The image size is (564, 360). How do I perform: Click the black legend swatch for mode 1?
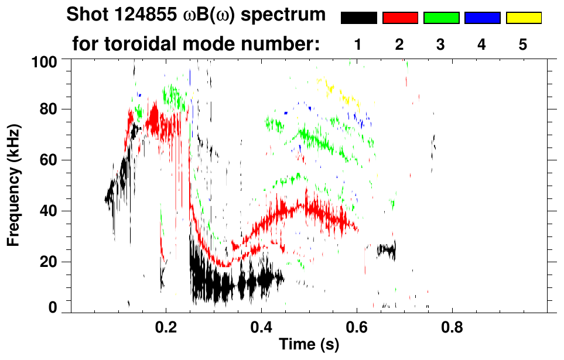359,18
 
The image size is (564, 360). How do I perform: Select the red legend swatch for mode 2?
400,18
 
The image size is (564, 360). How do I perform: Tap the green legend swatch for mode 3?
441,18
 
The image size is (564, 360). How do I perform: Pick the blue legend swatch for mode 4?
483,18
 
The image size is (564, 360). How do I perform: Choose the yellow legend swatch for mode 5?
524,18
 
